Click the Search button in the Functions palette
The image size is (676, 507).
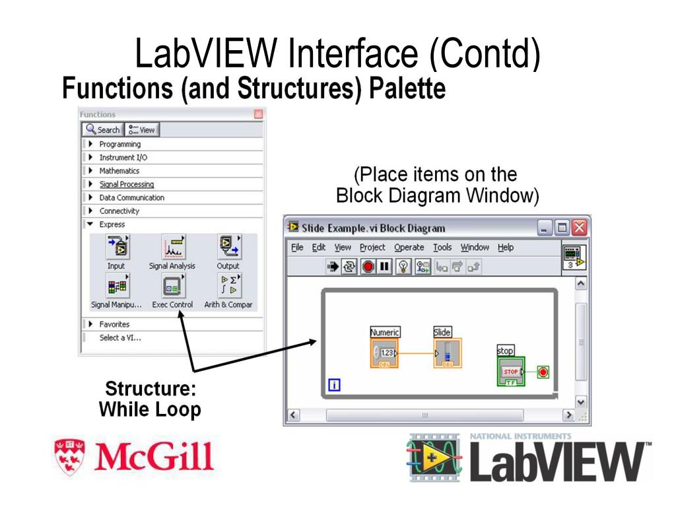(103, 130)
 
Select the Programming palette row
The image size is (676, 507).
(119, 144)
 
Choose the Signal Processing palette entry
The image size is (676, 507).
(126, 184)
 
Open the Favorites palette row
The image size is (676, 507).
(114, 324)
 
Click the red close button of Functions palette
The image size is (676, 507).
(258, 114)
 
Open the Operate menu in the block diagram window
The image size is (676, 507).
(409, 248)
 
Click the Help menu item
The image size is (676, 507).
(505, 248)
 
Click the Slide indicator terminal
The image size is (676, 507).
(447, 353)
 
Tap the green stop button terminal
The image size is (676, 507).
(510, 372)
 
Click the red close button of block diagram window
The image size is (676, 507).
(579, 228)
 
